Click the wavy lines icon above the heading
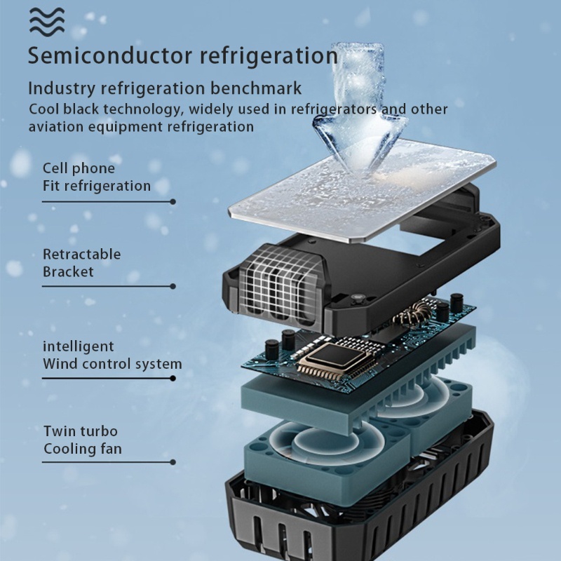click(x=47, y=22)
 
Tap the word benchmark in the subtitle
click(x=256, y=88)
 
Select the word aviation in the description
click(x=56, y=127)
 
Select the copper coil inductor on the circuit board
click(x=411, y=314)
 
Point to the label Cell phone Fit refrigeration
click(x=97, y=177)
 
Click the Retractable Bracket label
click(x=81, y=263)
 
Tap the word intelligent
click(x=79, y=346)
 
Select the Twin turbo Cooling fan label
click(x=83, y=440)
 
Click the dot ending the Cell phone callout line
click(x=173, y=202)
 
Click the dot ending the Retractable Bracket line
click(x=173, y=286)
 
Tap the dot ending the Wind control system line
click(x=173, y=378)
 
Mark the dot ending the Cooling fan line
click(x=173, y=462)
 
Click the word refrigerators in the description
click(x=334, y=109)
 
